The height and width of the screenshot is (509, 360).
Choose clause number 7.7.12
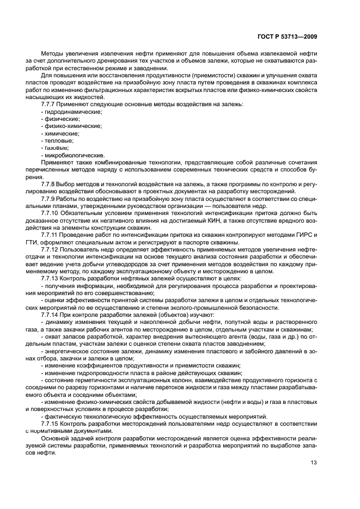[x=50, y=249]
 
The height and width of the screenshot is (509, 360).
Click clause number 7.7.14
[x=50, y=315]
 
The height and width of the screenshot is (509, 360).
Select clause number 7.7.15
[x=50, y=422]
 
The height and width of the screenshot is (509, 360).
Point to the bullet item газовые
[x=56, y=148]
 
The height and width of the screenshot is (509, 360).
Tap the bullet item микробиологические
[x=73, y=155]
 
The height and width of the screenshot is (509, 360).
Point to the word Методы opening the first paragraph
[x=53, y=53]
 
